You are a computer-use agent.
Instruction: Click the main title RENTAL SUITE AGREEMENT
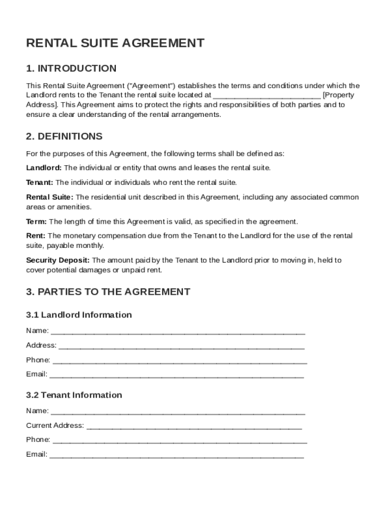click(115, 43)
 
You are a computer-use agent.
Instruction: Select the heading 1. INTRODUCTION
click(71, 69)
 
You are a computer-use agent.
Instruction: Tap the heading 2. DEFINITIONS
click(64, 137)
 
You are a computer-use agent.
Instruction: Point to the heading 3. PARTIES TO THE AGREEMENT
click(108, 292)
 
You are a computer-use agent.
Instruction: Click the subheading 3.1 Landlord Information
click(79, 315)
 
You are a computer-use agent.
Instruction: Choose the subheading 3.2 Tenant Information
click(74, 395)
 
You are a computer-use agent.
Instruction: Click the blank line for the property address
click(267, 95)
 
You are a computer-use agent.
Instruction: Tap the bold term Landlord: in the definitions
click(44, 168)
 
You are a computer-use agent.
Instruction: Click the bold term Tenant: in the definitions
click(39, 182)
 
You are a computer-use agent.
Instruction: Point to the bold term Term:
click(36, 222)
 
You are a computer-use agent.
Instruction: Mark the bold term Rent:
click(36, 236)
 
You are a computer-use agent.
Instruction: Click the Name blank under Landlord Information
click(178, 332)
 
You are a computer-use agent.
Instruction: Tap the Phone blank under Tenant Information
click(180, 440)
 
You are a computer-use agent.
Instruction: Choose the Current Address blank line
click(194, 426)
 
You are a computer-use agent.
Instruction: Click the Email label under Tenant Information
click(37, 455)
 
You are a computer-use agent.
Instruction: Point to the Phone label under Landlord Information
click(38, 360)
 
